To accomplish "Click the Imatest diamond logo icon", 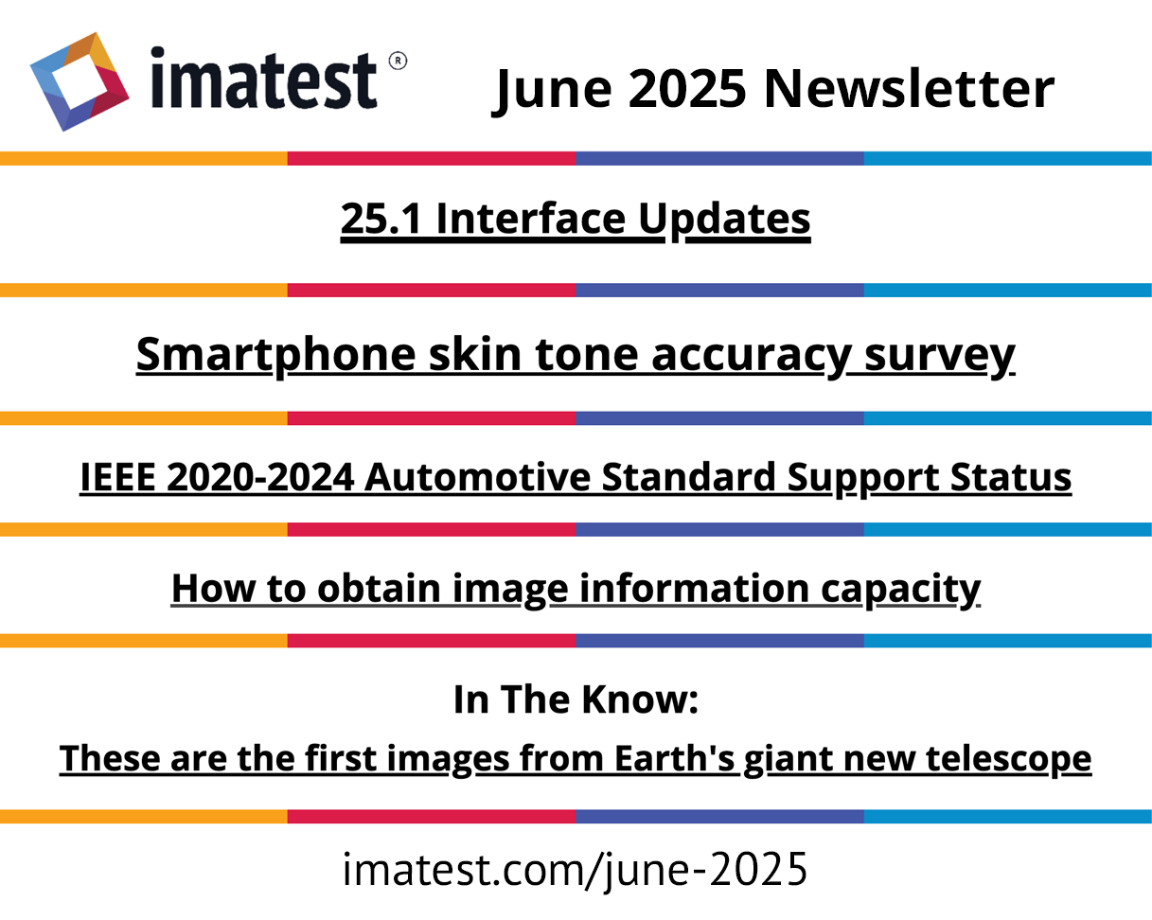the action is click(x=80, y=81).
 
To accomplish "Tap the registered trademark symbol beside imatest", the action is click(x=398, y=61).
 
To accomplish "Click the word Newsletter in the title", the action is click(x=909, y=88).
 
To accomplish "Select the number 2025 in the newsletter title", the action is click(x=687, y=88).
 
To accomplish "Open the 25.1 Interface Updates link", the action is click(x=576, y=220).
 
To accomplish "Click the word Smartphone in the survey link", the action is click(x=275, y=354).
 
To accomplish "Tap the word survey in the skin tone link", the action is click(x=939, y=356).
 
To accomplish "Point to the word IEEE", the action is click(x=117, y=476).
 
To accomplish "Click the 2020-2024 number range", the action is click(x=260, y=476).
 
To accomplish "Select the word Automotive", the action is click(x=478, y=476).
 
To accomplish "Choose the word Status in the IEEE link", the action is click(x=1011, y=476).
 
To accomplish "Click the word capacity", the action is click(x=900, y=590).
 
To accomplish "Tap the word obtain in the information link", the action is click(x=379, y=588).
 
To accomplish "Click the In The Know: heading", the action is click(x=576, y=699).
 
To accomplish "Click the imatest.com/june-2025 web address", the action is click(x=575, y=870).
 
